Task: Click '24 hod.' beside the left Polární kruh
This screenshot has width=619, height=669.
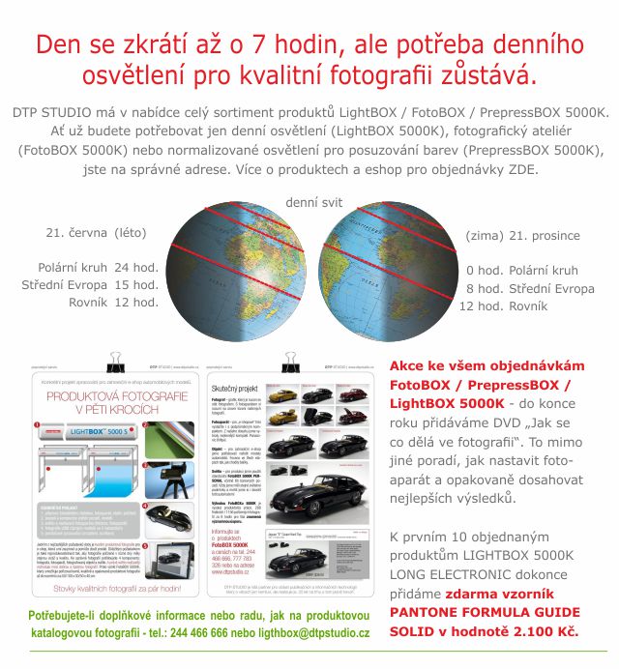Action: point(136,267)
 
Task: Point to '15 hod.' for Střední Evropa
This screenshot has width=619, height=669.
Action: point(136,284)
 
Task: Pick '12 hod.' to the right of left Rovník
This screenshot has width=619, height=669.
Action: point(136,302)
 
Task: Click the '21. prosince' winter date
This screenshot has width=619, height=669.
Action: point(544,236)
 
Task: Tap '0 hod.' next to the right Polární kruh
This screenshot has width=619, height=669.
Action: point(482,271)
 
